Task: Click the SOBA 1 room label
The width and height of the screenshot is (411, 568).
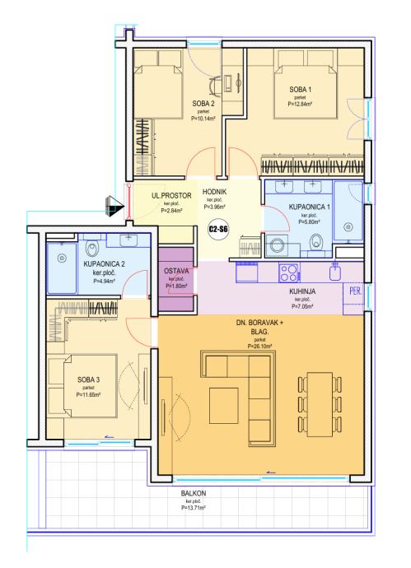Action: (300, 89)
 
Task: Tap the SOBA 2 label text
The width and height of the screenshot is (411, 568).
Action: (203, 104)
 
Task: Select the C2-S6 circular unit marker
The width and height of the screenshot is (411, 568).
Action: (218, 230)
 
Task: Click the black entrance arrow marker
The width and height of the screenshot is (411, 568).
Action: (114, 206)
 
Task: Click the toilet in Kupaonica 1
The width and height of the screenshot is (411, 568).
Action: (317, 241)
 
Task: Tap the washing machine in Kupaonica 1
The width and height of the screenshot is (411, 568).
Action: (278, 245)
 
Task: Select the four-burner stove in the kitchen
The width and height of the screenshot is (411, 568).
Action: (289, 273)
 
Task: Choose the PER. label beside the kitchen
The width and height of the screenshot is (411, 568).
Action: (356, 291)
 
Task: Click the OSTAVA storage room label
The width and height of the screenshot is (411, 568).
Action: (176, 271)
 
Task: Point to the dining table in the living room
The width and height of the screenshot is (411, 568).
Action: (320, 404)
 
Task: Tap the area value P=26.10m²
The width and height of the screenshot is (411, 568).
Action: (260, 347)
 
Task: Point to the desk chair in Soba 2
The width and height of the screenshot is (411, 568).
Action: (215, 86)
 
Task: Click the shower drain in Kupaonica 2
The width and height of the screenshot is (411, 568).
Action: (63, 258)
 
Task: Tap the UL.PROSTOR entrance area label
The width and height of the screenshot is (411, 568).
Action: (171, 196)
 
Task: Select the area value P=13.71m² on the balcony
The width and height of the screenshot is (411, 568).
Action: (194, 508)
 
